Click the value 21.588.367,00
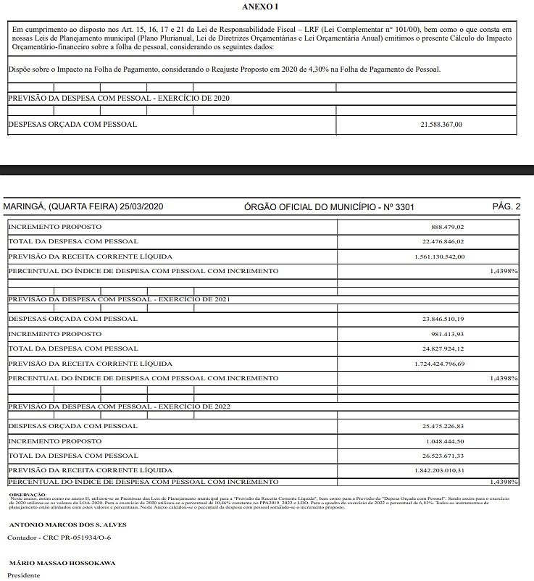point(441,125)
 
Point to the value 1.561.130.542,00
point(435,256)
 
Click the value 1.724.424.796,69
point(435,364)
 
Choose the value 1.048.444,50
point(443,441)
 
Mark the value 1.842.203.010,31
point(435,471)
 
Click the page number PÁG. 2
point(506,207)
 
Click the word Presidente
point(24,575)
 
